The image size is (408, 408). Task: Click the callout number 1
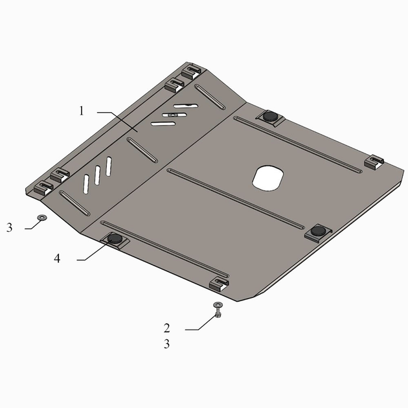[82, 111]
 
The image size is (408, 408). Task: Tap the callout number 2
[167, 328]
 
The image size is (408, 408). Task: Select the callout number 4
[57, 258]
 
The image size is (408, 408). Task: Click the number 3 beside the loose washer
[9, 228]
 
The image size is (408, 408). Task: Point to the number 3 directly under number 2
[167, 344]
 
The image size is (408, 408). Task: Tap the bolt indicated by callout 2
[218, 310]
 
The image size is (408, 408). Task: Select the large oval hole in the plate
[267, 178]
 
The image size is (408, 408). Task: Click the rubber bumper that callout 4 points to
[115, 238]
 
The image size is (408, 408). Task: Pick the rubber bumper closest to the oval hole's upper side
[270, 116]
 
